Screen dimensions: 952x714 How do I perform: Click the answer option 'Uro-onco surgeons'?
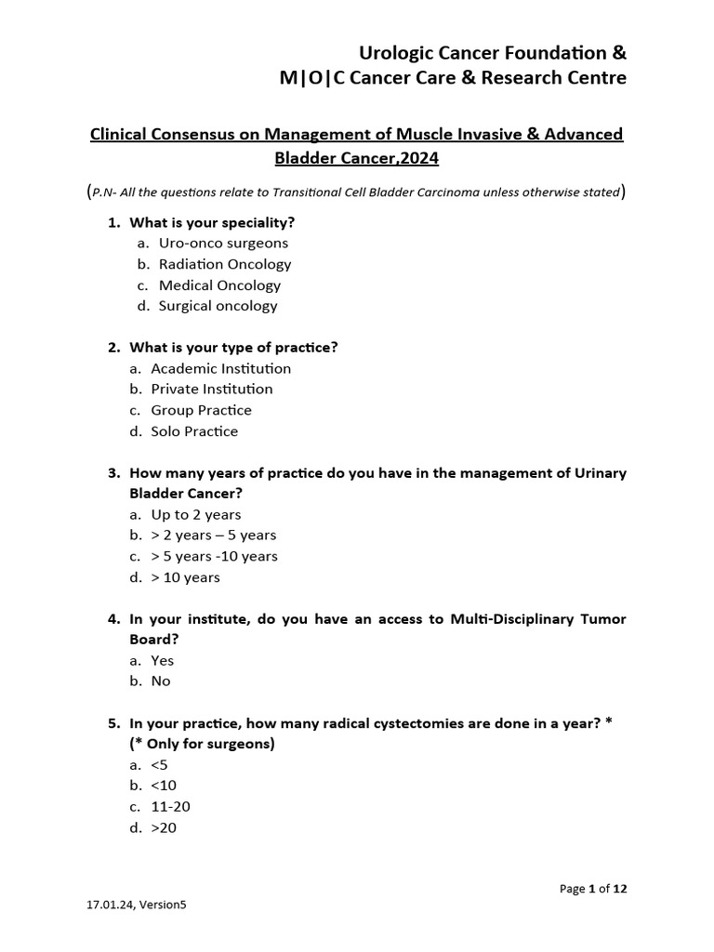coord(223,243)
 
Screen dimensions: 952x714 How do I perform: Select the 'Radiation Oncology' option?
coord(224,264)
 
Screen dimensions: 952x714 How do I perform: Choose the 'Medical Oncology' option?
coord(219,285)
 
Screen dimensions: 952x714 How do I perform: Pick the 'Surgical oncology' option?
coord(218,306)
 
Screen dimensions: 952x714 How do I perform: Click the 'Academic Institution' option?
coord(220,368)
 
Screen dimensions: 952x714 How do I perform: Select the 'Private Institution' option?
coord(212,389)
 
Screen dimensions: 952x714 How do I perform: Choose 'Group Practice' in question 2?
coord(201,410)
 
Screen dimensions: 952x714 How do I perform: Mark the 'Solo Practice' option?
coord(194,431)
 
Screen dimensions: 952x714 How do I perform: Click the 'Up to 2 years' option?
coord(195,514)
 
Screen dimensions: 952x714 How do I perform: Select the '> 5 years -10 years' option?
coord(214,556)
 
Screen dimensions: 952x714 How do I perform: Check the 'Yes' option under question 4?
coord(162,660)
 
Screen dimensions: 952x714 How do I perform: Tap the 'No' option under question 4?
coord(161,681)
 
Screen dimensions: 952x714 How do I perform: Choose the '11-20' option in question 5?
coord(170,806)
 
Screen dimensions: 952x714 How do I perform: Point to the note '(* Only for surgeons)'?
coord(202,744)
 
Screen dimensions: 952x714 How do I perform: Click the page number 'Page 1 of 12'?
coord(593,889)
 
